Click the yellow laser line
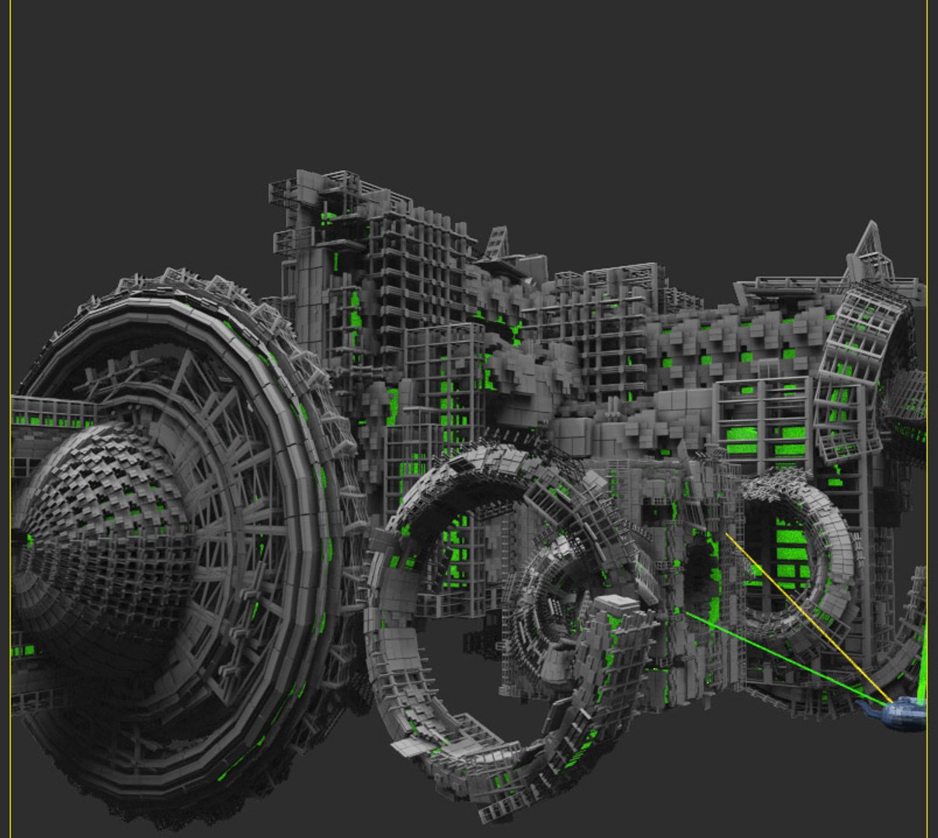[x=808, y=613]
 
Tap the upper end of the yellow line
[x=727, y=534]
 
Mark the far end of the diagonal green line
[x=686, y=614]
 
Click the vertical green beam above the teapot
[x=923, y=660]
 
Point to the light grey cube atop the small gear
[x=616, y=603]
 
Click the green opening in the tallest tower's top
[x=329, y=217]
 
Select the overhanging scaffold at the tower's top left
[x=284, y=194]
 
